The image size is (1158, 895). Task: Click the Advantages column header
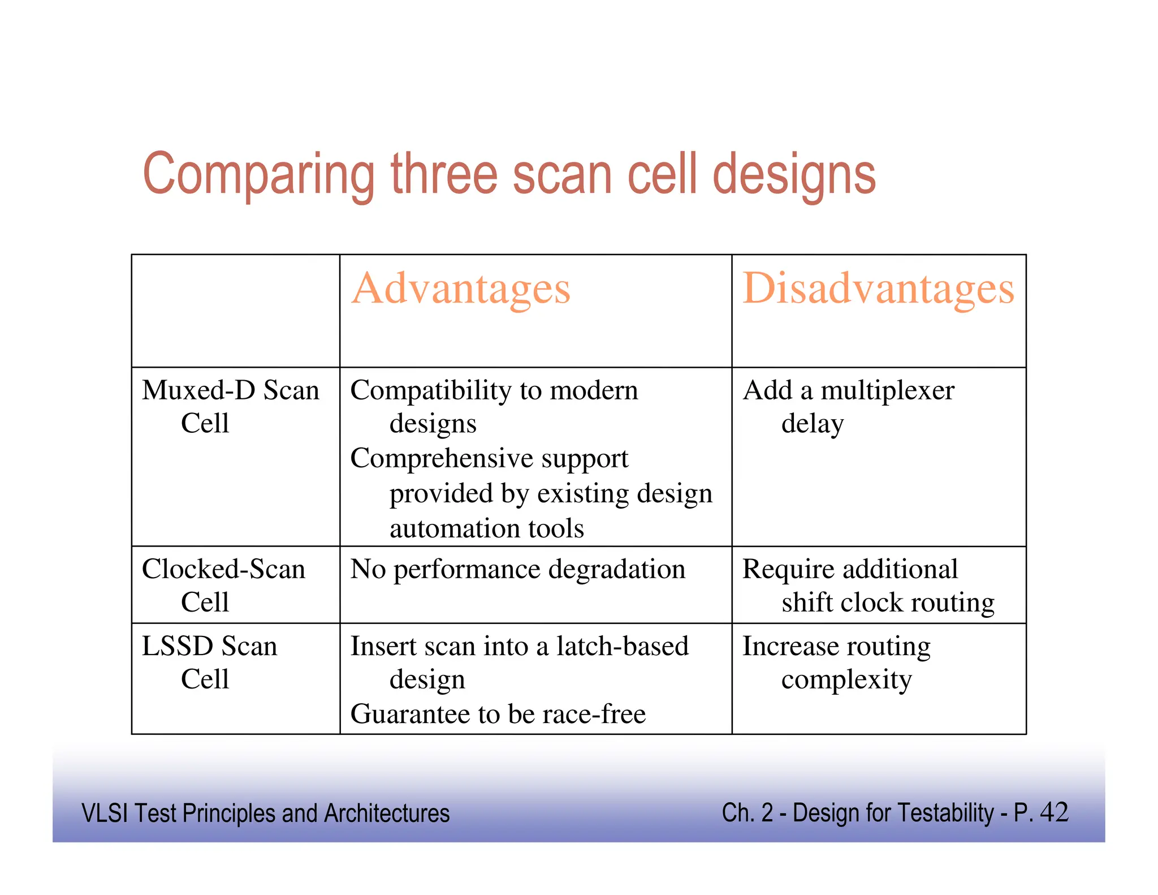[x=461, y=289]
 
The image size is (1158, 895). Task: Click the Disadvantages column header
[x=878, y=289]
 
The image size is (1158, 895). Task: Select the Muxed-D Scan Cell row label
[x=230, y=406]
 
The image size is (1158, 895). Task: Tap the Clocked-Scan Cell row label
[x=223, y=585]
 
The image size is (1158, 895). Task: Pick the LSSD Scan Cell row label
[x=209, y=662]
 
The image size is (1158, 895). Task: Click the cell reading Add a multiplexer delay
[x=848, y=406]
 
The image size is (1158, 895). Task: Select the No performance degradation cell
[x=517, y=569]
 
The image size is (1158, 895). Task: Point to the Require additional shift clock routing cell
[x=868, y=585]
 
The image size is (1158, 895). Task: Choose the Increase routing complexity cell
[x=837, y=662]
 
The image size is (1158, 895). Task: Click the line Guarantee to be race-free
[x=498, y=714]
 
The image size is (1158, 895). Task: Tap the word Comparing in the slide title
[x=259, y=175]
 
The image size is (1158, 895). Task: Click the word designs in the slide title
[x=794, y=175]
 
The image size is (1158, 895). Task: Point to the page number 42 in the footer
[x=1053, y=812]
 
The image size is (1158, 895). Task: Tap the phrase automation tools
[x=486, y=528]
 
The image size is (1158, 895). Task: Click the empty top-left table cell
[x=235, y=311]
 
